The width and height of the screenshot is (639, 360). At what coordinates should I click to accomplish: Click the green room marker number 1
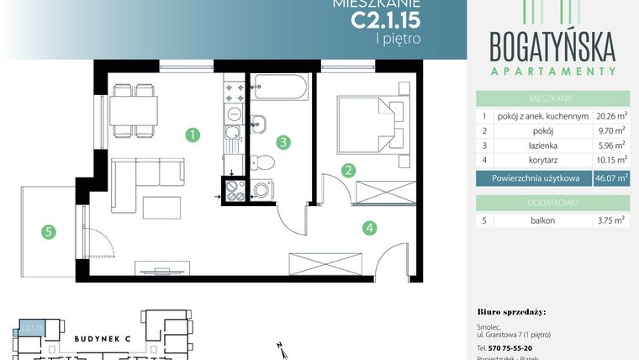pos(193,134)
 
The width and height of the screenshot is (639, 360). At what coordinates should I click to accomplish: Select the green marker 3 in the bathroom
pos(284,142)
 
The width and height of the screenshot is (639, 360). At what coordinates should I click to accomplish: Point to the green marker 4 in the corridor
pos(369,226)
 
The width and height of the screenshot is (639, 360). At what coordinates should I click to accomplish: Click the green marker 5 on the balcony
pos(49,230)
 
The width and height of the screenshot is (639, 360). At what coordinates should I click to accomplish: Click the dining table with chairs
pos(134,109)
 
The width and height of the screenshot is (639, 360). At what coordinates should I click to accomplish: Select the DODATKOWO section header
pos(552,202)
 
